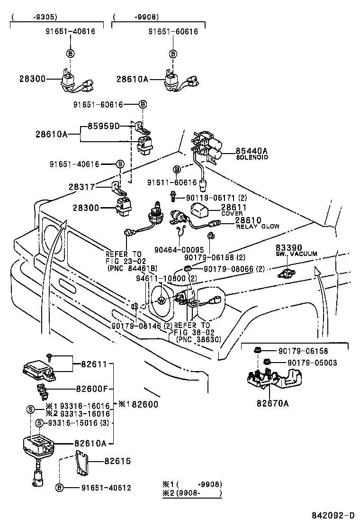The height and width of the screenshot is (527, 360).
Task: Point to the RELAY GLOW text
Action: coord(257,227)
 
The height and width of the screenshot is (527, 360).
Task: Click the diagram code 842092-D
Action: coord(333,515)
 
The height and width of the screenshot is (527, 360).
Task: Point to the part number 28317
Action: coord(82,188)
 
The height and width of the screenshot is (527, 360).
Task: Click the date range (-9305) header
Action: coord(34,17)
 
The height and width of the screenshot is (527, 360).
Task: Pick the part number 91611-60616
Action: coord(171,182)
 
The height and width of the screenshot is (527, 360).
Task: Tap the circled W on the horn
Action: coord(162,300)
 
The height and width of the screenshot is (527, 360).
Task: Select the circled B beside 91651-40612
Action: coord(59,488)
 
